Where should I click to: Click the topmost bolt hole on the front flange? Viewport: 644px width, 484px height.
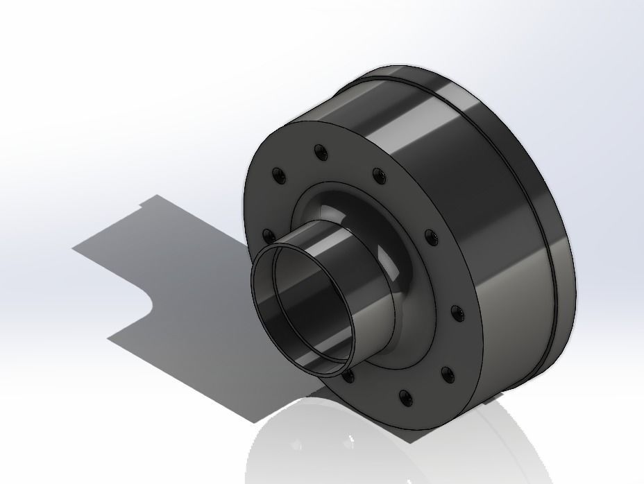coord(320,150)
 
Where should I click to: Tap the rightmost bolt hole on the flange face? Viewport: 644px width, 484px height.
coord(457,314)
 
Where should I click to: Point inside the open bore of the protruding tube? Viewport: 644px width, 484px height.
coord(305,312)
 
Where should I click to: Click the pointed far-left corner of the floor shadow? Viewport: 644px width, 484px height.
coord(74,248)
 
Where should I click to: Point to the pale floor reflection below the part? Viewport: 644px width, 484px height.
coord(389,451)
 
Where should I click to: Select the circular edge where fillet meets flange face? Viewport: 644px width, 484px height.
coord(416,263)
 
